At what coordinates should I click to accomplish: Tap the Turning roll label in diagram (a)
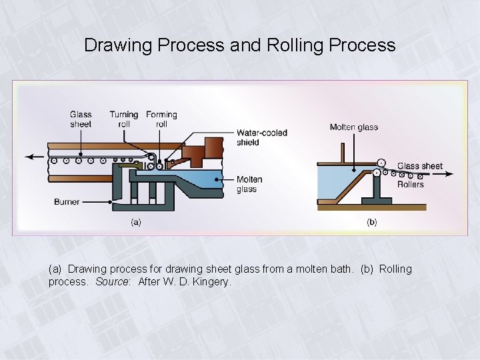124,119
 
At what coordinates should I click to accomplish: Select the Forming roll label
161,119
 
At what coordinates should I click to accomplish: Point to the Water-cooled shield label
262,137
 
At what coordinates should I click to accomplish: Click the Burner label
67,201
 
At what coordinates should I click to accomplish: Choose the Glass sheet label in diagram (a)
81,119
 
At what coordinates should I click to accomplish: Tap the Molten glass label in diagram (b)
353,127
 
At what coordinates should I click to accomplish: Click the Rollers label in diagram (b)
410,185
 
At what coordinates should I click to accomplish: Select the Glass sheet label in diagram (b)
419,166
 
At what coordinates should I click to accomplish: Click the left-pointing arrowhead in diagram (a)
30,157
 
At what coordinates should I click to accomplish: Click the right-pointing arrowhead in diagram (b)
451,175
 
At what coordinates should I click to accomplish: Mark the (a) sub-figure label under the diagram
135,222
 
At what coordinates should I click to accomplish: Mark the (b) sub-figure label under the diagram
371,222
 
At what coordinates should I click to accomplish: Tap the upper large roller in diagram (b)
381,162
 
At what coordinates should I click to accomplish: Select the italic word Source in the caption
114,282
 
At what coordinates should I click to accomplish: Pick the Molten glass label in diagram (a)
249,185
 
